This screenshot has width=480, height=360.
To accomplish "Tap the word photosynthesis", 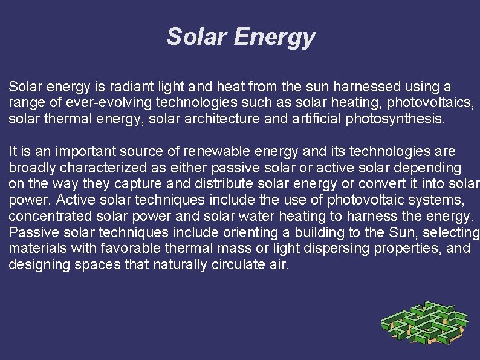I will pyautogui.click(x=394, y=119).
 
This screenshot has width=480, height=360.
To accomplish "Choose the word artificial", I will pyautogui.click(x=318, y=119).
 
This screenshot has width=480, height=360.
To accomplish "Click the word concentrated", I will pyautogui.click(x=50, y=217).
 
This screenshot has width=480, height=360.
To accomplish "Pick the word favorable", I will pyautogui.click(x=137, y=248).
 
